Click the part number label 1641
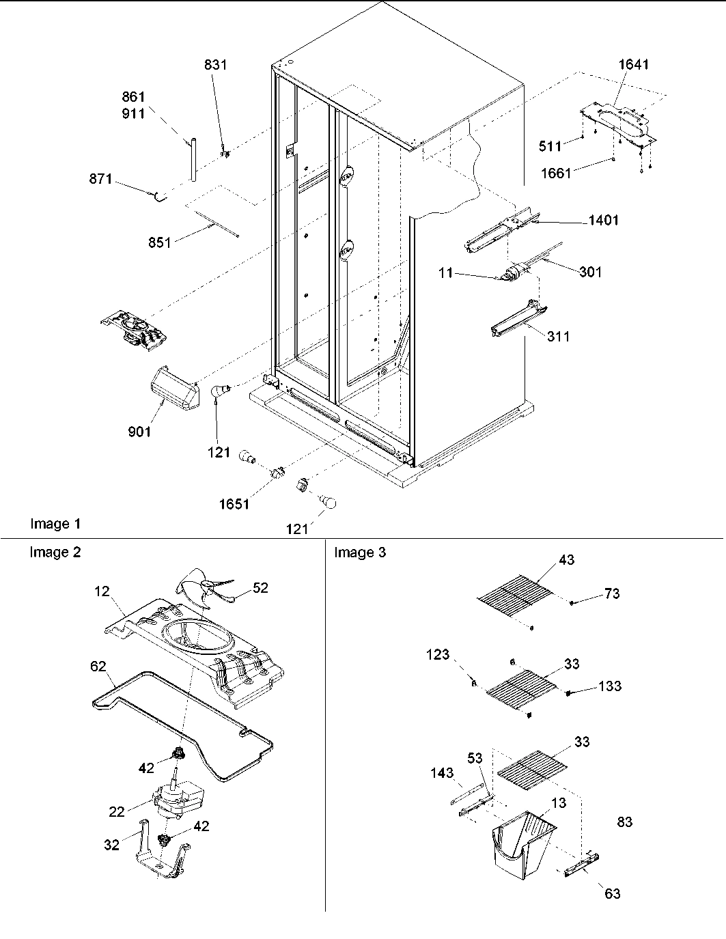[633, 65]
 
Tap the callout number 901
[139, 432]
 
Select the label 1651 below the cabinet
[234, 504]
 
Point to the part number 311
[558, 336]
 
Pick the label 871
[100, 179]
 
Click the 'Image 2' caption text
[55, 552]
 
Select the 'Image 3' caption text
[359, 552]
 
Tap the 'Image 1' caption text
[55, 524]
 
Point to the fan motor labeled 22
[176, 798]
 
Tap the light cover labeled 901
[170, 389]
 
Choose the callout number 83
[624, 822]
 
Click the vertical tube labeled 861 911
[193, 158]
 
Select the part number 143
[441, 772]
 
